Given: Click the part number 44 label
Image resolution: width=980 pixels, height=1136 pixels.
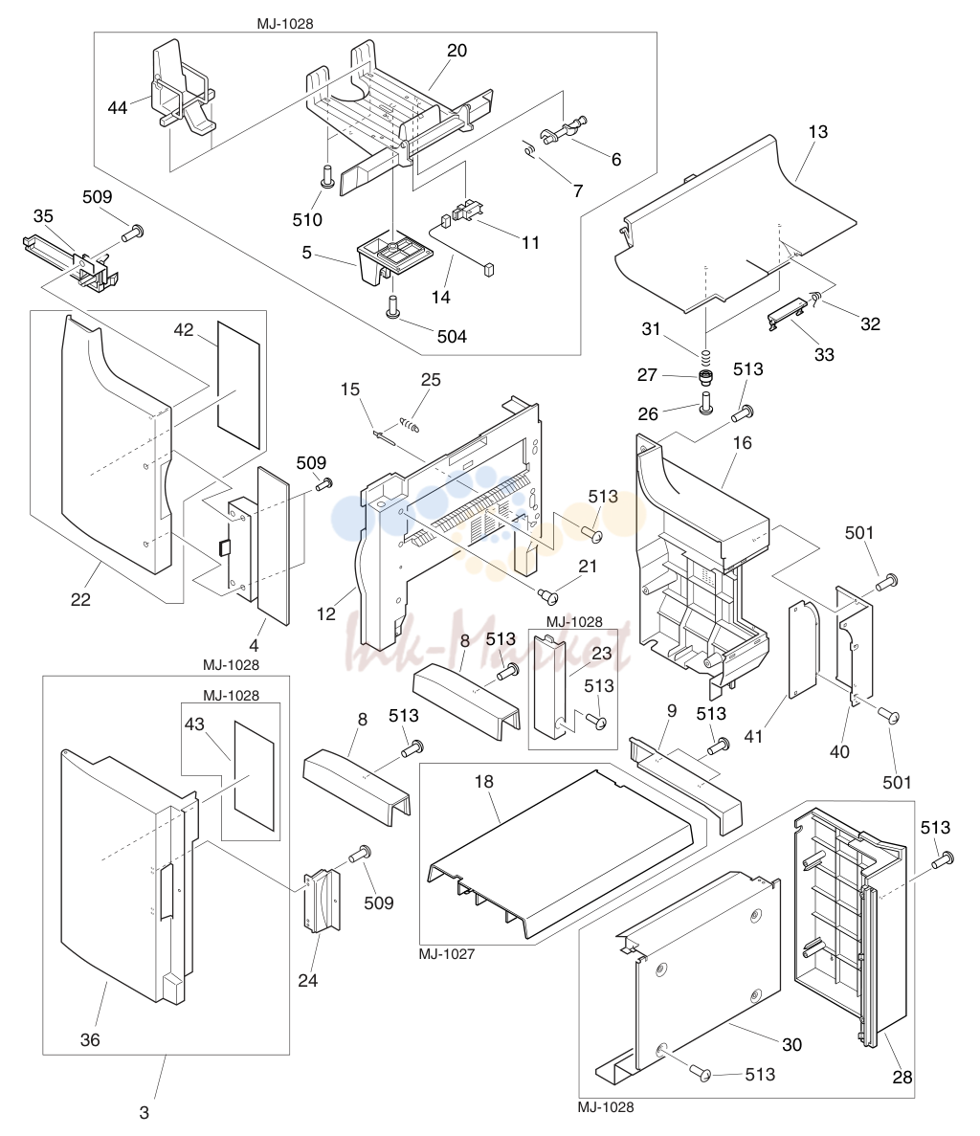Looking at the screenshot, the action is [x=118, y=108].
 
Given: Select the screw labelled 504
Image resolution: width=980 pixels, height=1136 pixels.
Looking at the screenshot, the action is [x=391, y=305].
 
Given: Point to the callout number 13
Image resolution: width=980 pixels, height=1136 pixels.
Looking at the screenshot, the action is [x=817, y=132].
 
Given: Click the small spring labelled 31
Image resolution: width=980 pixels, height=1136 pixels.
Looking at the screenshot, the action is [x=704, y=356].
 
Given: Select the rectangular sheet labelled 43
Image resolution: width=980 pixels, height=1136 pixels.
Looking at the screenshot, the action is [x=254, y=775].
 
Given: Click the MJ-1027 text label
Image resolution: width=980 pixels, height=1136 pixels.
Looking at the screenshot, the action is [x=447, y=954].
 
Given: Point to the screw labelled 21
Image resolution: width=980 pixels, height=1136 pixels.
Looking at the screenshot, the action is [x=548, y=595].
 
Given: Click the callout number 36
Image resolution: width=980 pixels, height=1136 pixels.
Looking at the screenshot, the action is [x=90, y=1039].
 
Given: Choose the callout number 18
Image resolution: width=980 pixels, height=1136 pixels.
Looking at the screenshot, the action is [x=484, y=781].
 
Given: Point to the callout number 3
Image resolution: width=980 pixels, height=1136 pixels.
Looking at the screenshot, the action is [x=145, y=1112].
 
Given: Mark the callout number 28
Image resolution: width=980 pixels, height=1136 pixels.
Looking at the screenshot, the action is [x=902, y=1078].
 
